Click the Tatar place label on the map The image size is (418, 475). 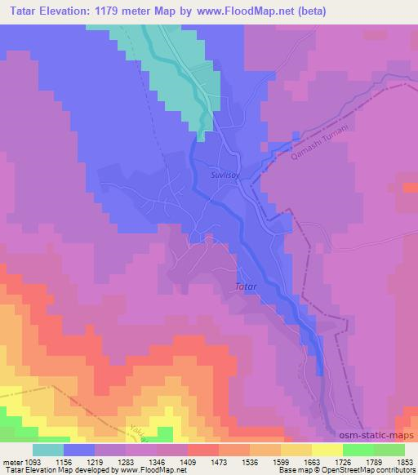[247, 286]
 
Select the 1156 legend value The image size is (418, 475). [80, 461]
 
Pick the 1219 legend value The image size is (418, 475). [110, 461]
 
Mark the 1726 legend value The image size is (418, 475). [358, 461]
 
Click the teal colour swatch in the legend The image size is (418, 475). [48, 450]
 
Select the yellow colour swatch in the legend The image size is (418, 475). [327, 450]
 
